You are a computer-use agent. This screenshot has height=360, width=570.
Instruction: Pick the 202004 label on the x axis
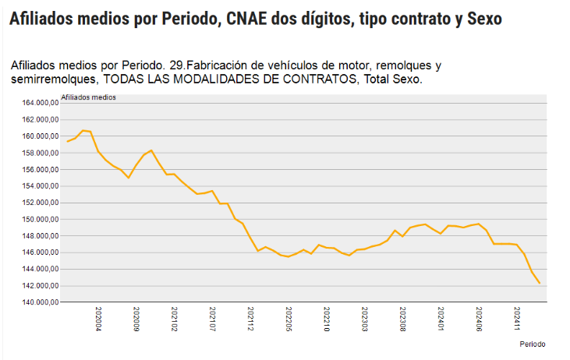[98, 318]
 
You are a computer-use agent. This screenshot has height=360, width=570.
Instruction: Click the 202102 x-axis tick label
[174, 318]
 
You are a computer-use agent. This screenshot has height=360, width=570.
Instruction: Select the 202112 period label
[250, 318]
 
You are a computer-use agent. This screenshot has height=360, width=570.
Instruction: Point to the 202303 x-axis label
[364, 318]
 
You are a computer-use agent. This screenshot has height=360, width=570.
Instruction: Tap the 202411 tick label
[516, 318]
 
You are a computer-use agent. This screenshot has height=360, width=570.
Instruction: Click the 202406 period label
[478, 318]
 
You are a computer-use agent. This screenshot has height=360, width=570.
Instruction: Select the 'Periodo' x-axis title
[533, 344]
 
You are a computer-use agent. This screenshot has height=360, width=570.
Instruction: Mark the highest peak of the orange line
[83, 130]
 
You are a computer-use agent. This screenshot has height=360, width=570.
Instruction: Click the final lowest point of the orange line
[540, 283]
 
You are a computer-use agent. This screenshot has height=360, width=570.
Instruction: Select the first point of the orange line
[68, 141]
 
